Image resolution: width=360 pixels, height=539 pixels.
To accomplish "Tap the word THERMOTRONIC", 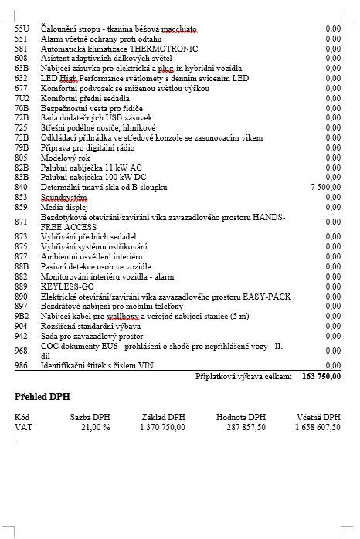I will [147, 47].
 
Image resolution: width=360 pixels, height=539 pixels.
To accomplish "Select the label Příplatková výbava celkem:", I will [244, 376].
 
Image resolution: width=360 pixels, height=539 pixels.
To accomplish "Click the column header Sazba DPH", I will [90, 417].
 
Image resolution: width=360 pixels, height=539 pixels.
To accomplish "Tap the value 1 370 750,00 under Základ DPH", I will [162, 426].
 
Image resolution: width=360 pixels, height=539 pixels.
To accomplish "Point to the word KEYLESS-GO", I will [66, 286].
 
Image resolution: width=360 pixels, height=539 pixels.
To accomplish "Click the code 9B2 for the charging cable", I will [22, 316].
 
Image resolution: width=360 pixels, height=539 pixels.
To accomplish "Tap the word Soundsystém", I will [64, 197].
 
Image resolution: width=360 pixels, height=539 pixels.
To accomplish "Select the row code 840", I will [22, 187].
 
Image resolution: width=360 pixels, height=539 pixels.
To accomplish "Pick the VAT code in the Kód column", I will [23, 426].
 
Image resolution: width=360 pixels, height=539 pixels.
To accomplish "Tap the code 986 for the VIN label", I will [22, 364].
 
